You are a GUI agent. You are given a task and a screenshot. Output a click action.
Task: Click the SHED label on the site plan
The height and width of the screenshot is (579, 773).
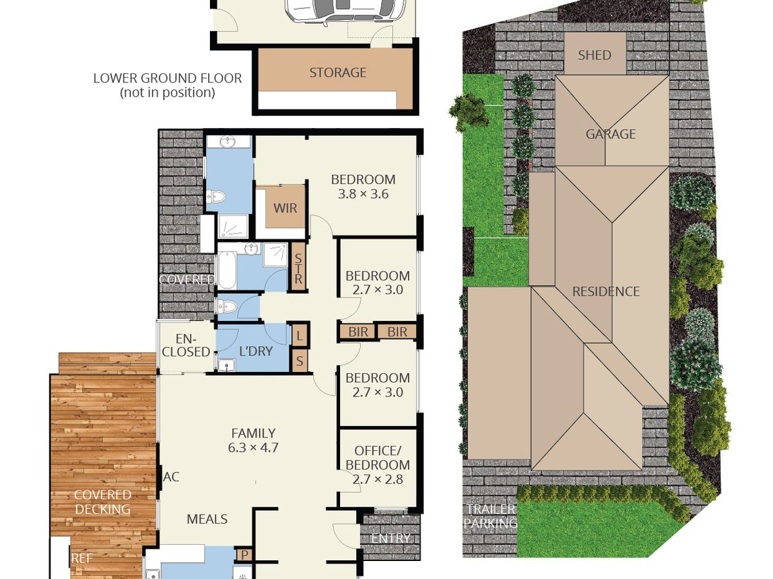(x=595, y=55)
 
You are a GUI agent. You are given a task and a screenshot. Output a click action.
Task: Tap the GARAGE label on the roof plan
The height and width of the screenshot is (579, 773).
(x=611, y=134)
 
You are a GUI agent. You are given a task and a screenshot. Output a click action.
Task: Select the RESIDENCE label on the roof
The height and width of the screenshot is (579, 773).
(x=606, y=291)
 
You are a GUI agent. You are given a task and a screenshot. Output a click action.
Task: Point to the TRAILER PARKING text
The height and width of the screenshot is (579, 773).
(x=490, y=516)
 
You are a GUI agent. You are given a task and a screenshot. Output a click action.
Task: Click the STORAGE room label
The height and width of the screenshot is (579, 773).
(x=338, y=73)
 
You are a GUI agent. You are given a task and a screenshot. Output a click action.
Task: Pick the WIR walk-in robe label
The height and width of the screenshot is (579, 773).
(x=285, y=208)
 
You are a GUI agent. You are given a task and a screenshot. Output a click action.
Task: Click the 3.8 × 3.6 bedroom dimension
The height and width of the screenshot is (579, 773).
(x=363, y=194)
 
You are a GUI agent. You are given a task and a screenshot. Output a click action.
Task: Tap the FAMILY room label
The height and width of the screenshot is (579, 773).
(x=253, y=433)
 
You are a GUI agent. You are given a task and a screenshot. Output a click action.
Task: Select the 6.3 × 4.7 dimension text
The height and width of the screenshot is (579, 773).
(x=253, y=448)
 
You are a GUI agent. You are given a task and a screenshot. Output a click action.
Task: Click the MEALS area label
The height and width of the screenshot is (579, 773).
(x=207, y=519)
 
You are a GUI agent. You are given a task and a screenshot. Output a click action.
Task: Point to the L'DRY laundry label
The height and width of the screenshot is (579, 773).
(x=256, y=351)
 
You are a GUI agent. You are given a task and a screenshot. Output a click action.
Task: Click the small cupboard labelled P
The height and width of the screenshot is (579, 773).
(x=245, y=555)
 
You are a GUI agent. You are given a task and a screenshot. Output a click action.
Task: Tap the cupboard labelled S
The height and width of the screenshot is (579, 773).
(x=300, y=361)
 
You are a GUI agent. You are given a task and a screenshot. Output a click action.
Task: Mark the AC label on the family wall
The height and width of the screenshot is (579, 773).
(x=171, y=477)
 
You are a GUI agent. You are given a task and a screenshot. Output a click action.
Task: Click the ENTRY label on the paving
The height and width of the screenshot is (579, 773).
(x=390, y=538)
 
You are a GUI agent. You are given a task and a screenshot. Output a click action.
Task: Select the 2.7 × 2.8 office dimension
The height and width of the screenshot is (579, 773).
(x=377, y=479)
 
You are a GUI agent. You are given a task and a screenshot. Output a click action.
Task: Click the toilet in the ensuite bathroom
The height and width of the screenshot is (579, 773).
(x=216, y=196)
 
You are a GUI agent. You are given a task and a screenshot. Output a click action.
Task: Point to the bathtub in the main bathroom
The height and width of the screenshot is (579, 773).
(x=227, y=270)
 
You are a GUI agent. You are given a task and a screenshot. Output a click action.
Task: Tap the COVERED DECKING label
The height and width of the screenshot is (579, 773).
(x=102, y=502)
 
